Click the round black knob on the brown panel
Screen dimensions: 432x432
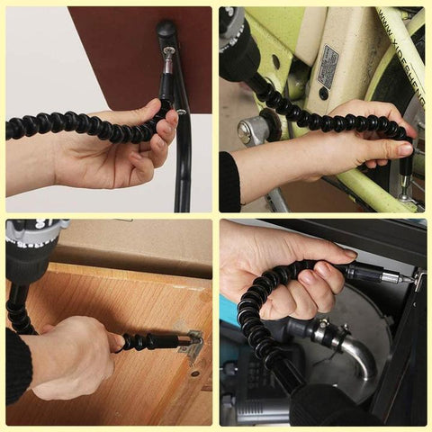pos(166,30)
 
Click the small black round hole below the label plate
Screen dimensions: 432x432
pos(323,93)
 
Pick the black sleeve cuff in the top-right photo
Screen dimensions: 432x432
pos(229,180)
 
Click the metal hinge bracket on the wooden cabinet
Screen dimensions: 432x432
pos(192,344)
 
